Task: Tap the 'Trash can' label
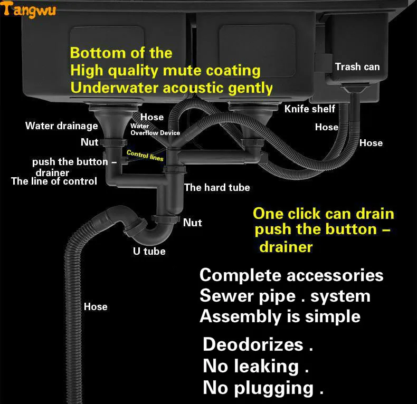[357, 66]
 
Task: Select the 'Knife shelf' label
[310, 109]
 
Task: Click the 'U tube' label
[149, 251]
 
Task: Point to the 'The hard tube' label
[217, 187]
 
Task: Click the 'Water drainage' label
[62, 126]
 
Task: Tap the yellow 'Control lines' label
[145, 156]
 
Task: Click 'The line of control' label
[54, 181]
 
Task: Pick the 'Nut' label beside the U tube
[192, 223]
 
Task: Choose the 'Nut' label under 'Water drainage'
[89, 142]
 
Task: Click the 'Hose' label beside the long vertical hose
[96, 306]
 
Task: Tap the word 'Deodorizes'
[253, 344]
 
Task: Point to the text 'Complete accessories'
[291, 275]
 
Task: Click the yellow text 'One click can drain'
[324, 214]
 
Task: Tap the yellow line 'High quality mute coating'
[165, 70]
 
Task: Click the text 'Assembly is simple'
[280, 316]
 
